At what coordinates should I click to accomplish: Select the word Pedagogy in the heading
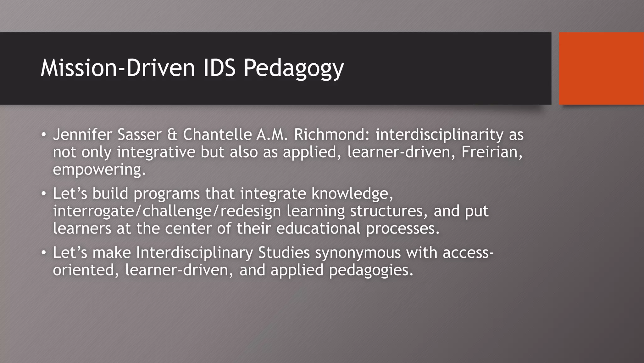tap(293, 68)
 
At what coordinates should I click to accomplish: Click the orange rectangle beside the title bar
tap(601, 68)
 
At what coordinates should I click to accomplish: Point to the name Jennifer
tap(83, 135)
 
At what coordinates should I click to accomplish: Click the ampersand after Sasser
tap(172, 135)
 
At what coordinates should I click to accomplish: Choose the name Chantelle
tap(217, 135)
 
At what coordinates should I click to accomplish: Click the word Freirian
tap(492, 152)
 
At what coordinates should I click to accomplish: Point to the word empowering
tap(99, 170)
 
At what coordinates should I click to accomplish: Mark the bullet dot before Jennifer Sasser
tap(44, 135)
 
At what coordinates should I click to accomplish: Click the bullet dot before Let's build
tap(44, 194)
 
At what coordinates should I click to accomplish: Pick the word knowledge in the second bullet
tap(352, 193)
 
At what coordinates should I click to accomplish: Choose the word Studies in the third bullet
tap(284, 252)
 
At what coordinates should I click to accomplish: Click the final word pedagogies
tap(371, 270)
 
